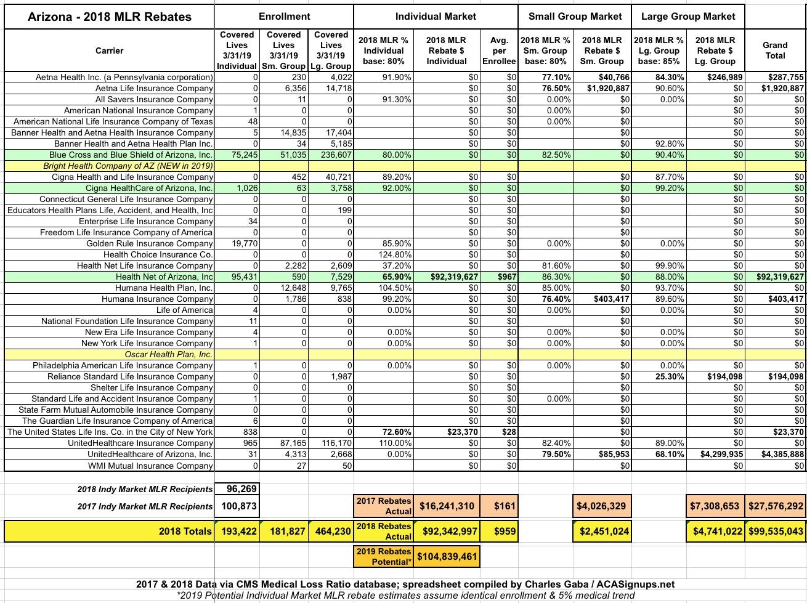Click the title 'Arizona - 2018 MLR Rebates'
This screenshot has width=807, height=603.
coord(109,16)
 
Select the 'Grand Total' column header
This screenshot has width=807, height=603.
coord(775,50)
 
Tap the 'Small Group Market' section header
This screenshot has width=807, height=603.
coord(575,16)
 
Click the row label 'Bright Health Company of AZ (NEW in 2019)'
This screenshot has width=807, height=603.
coord(128,166)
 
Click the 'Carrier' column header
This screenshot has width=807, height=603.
coord(109,51)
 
